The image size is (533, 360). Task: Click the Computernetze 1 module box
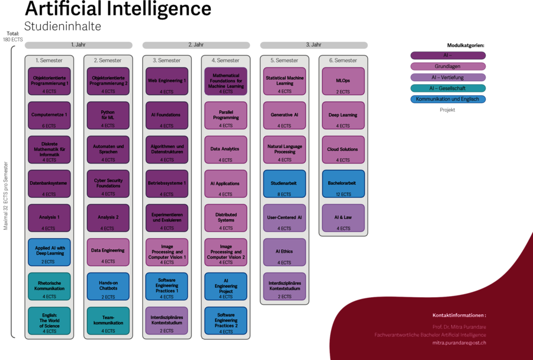[49, 115]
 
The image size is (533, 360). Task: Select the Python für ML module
[108, 115]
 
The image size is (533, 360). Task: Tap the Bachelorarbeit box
[343, 184]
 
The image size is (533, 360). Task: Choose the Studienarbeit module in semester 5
[284, 184]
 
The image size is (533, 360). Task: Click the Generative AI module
[284, 115]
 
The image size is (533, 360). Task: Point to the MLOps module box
[343, 81]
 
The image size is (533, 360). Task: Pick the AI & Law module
[343, 218]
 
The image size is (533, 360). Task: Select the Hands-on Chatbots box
[108, 287]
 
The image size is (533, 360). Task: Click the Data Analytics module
[226, 150]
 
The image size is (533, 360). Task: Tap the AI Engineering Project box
[226, 287]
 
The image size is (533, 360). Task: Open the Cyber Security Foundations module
[108, 184]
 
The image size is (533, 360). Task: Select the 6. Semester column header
[343, 60]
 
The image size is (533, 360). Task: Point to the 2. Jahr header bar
[196, 45]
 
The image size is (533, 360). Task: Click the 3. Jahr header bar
[314, 45]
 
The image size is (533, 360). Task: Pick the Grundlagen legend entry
[448, 66]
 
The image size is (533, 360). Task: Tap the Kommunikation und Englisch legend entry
[448, 99]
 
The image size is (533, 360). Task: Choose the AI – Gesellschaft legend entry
[448, 88]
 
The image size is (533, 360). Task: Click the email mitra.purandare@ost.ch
[459, 343]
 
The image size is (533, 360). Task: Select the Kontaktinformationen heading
[459, 316]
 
